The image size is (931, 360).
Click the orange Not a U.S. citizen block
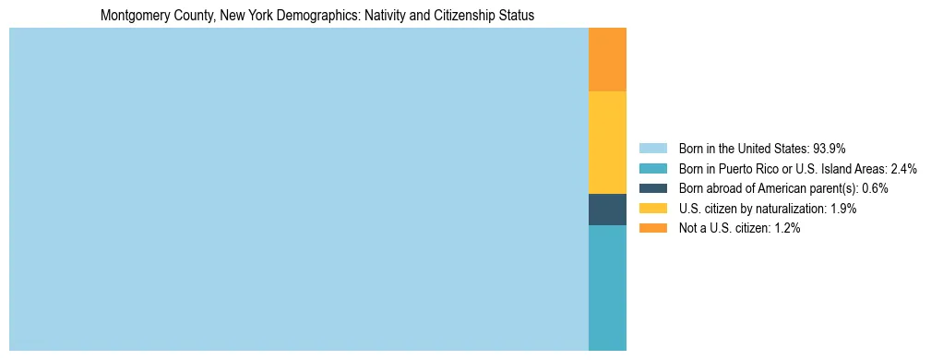[x=607, y=59]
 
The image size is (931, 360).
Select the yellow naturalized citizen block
[x=607, y=142]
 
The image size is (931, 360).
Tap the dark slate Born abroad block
[x=607, y=210]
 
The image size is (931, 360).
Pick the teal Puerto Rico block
[x=607, y=287]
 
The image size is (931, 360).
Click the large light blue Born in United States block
[x=298, y=189]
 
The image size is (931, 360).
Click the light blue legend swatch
[x=652, y=149]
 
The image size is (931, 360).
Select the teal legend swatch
[x=652, y=168]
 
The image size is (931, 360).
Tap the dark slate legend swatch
[x=652, y=188]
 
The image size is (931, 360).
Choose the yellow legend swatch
[x=652, y=209]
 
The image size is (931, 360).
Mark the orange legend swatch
[x=652, y=228]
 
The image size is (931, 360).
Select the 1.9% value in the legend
[x=843, y=209]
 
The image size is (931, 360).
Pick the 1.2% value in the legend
[x=786, y=228]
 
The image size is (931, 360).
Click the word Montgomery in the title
[x=135, y=17]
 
